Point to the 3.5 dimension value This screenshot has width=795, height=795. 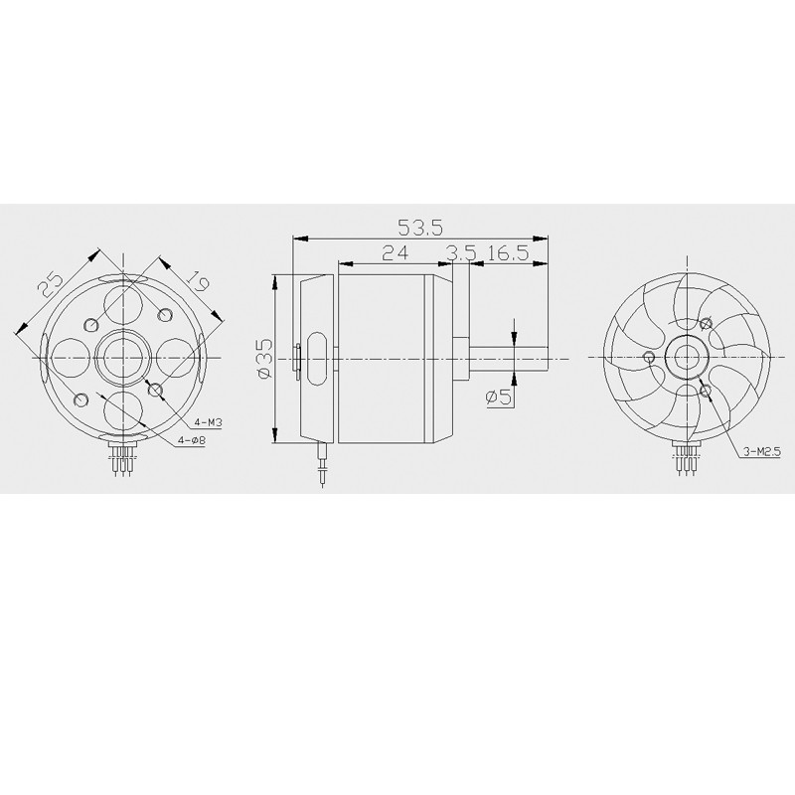(460, 253)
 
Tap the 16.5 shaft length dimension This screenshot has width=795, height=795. (507, 253)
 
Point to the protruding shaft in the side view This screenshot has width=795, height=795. (513, 357)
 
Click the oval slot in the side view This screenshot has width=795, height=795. (316, 357)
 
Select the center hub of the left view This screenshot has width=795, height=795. (123, 356)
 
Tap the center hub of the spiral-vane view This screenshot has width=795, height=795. (685, 356)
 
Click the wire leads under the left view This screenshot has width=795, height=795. (123, 462)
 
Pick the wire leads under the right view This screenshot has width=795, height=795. (685, 462)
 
